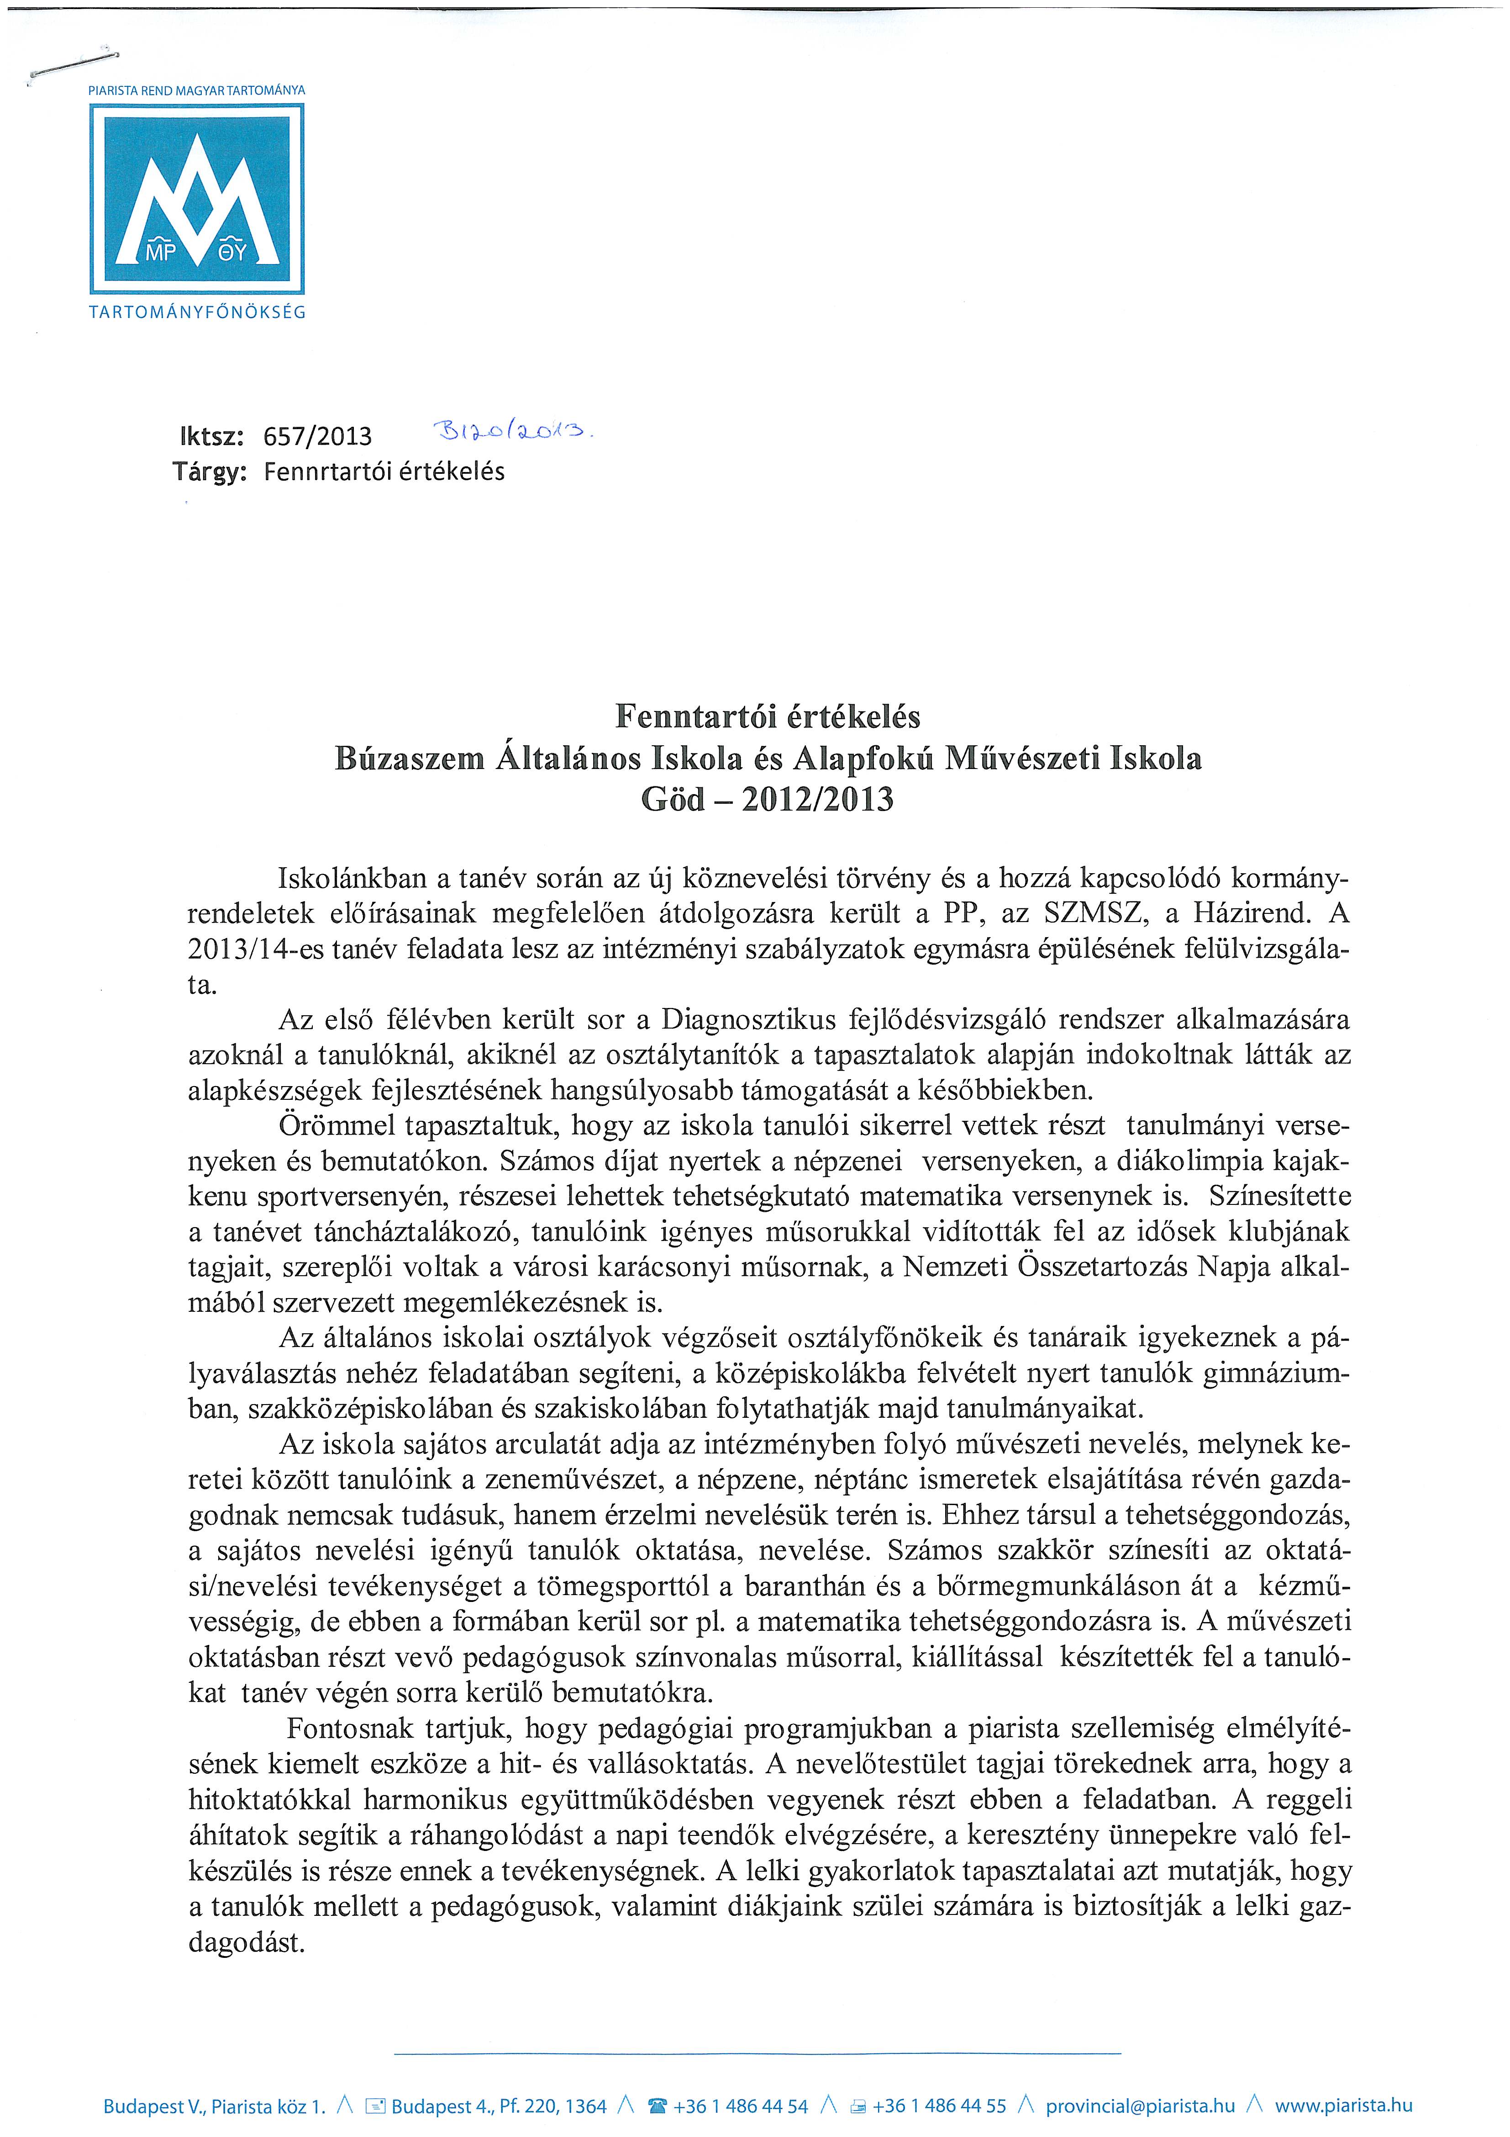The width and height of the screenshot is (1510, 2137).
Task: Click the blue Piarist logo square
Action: click(196, 198)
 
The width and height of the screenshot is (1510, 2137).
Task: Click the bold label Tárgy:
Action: click(210, 472)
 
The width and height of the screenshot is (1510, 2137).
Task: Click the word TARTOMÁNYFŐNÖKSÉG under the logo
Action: click(196, 313)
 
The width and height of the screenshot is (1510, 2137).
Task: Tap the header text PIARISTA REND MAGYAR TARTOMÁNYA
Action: click(196, 90)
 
